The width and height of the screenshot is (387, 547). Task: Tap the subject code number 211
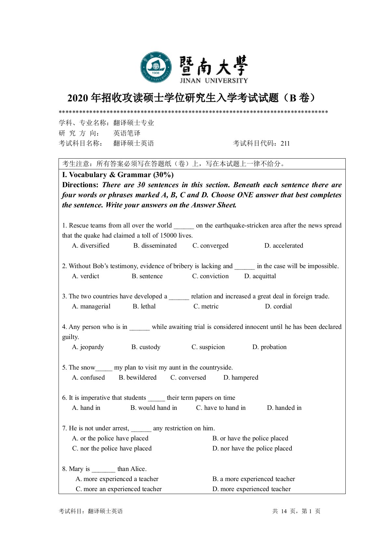285,143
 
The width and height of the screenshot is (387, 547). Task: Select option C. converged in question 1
210,246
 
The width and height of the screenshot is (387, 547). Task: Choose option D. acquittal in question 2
260,276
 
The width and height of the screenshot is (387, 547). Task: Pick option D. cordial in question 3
278,306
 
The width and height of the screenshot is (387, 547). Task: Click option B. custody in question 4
146,347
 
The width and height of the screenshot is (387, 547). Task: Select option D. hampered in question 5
241,378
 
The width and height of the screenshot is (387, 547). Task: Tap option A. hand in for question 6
86,408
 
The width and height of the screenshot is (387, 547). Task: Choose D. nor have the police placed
252,449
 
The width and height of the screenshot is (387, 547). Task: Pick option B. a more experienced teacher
254,479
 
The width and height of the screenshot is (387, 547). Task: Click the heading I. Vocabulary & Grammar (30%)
118,175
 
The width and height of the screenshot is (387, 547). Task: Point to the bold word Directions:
80,185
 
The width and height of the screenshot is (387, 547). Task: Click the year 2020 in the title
78,98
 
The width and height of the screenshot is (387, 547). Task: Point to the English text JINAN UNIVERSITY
214,81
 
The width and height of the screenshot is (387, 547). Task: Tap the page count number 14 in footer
284,511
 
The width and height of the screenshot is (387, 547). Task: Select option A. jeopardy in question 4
88,347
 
